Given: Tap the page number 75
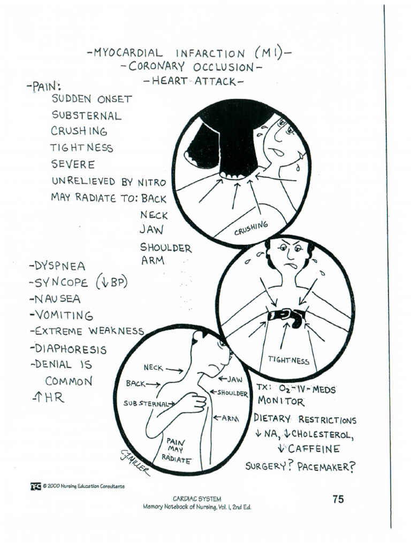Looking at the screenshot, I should tap(338, 499).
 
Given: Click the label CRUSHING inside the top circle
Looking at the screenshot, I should tap(250, 229).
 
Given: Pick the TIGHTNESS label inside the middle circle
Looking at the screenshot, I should tap(288, 361).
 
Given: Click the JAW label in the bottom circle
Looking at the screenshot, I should tap(234, 379).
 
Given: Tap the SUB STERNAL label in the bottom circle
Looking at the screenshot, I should tap(146, 403).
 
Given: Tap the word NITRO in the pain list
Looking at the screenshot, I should tap(152, 182).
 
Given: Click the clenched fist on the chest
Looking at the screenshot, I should tap(193, 403).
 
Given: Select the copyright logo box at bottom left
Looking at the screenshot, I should tap(35, 486).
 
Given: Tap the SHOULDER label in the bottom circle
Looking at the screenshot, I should tap(232, 394).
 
